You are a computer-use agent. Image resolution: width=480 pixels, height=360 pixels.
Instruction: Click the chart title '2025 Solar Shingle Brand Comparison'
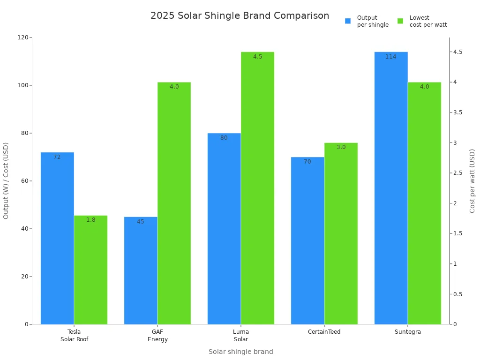tap(240, 15)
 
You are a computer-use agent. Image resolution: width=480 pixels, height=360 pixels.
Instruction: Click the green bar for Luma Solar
tap(257, 188)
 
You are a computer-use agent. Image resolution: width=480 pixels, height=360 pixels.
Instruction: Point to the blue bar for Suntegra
tap(391, 188)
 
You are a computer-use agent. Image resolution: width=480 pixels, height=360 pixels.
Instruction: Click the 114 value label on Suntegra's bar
tap(391, 57)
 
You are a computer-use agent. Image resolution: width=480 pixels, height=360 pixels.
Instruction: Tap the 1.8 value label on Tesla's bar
tap(90, 220)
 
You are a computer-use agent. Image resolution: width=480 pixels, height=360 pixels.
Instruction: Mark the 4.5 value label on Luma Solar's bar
tap(257, 57)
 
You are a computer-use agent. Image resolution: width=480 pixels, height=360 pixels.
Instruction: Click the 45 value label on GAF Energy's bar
tap(141, 222)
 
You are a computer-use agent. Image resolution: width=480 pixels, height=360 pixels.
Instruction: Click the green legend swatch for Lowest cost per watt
tap(400, 21)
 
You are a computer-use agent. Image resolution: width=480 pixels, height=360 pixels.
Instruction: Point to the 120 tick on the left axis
tap(22, 37)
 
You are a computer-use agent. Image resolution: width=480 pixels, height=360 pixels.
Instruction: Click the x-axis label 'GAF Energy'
tap(157, 336)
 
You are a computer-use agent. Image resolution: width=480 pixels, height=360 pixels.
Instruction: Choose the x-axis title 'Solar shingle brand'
tap(240, 352)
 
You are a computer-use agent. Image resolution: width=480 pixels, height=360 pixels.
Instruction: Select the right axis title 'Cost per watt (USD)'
tap(472, 181)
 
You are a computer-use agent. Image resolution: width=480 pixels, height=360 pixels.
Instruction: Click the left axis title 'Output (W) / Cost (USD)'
tap(6, 181)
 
